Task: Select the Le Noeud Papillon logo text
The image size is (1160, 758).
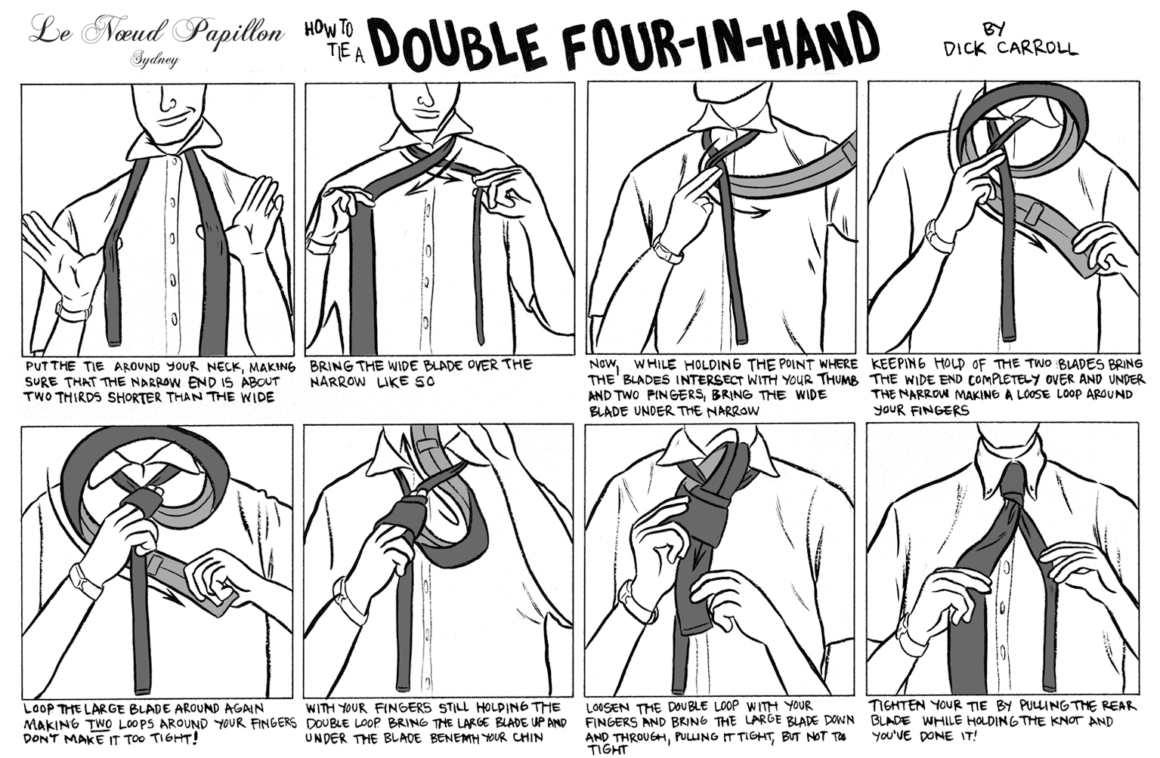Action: point(157,32)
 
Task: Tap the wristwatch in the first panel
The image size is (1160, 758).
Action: point(73,311)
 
